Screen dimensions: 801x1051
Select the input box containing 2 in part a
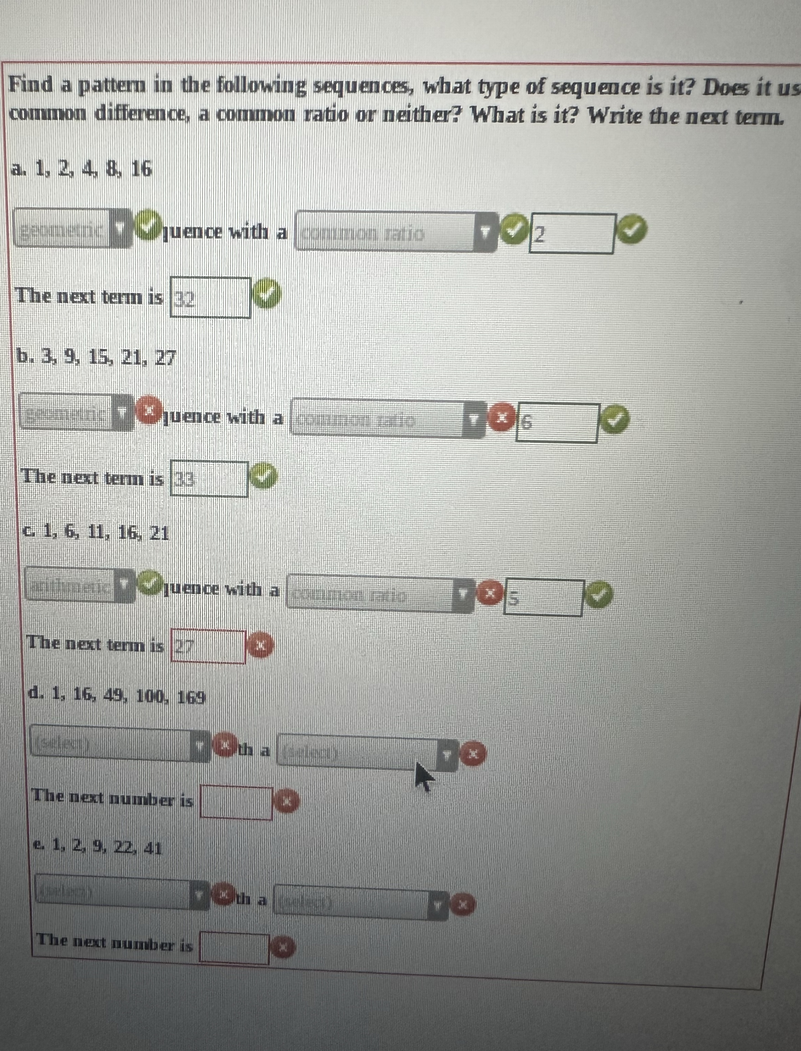(571, 234)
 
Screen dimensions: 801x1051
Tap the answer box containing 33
(209, 479)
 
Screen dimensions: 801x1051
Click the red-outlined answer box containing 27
(208, 646)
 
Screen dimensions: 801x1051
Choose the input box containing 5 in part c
(543, 598)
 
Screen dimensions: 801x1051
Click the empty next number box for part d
(236, 802)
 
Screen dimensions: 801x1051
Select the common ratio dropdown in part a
(396, 232)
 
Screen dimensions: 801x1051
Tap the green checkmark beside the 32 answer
(267, 294)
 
